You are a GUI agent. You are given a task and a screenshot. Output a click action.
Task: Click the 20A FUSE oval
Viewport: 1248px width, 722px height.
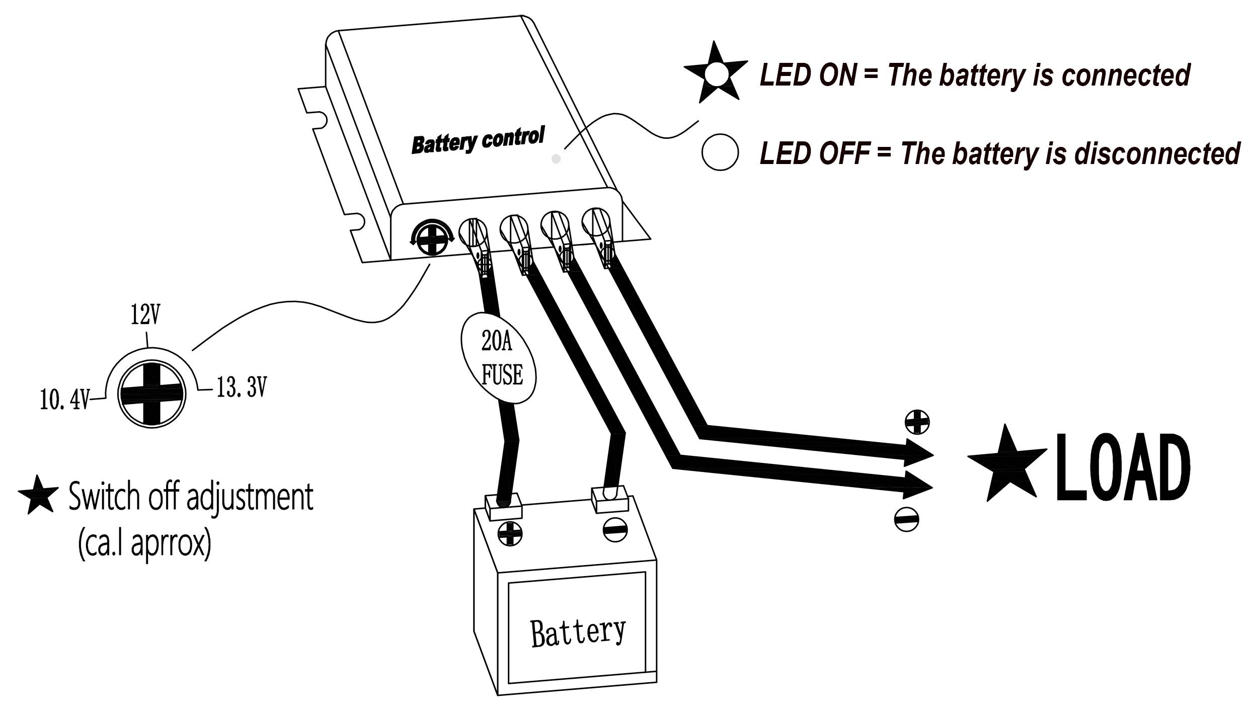(498, 358)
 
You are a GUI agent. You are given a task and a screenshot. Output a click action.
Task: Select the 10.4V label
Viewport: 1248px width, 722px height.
(64, 401)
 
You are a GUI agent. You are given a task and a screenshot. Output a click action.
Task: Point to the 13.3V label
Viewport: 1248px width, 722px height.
(241, 388)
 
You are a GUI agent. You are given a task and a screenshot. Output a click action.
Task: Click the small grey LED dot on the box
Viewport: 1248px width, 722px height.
(556, 159)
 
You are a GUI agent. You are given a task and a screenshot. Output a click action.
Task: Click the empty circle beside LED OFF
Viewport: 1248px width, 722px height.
(720, 152)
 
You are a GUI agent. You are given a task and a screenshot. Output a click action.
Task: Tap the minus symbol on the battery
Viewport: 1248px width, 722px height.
(615, 530)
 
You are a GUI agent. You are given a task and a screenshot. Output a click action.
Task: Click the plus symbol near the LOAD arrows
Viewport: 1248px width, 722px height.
(917, 422)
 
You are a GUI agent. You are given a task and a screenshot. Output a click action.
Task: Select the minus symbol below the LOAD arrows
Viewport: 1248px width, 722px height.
(907, 520)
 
